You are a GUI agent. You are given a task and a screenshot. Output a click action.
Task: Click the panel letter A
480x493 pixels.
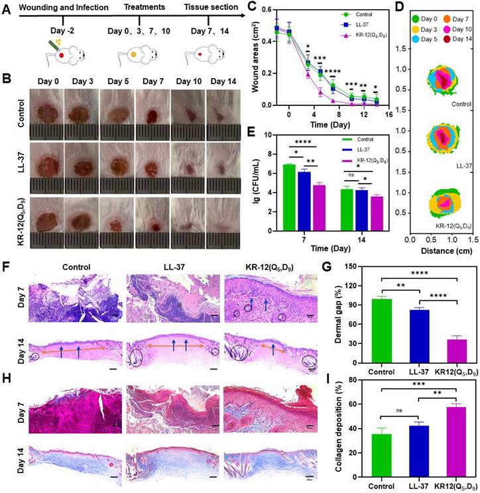(6, 9)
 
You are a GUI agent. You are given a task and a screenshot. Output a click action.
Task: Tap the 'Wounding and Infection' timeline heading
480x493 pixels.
(63, 8)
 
